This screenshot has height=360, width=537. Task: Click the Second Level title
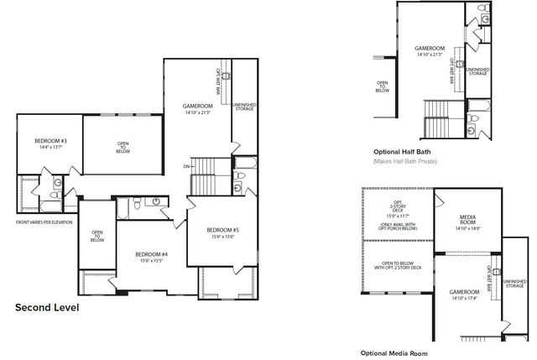47,308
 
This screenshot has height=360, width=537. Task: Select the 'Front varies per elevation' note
44,222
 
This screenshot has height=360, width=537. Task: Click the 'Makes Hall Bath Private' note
405,160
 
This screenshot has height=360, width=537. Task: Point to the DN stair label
185,166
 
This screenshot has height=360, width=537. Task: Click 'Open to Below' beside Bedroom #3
123,148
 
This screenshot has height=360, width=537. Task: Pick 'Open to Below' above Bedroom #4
97,237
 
